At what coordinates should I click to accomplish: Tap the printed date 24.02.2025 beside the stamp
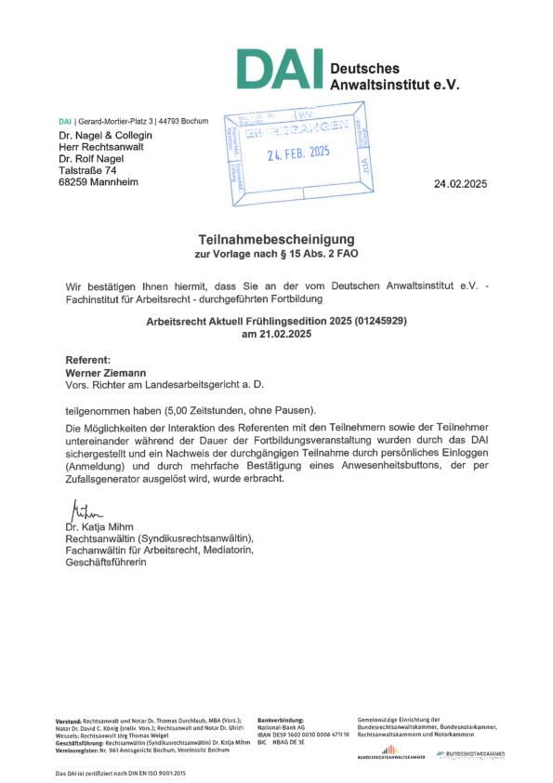tap(460, 183)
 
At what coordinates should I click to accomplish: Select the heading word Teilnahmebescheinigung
tap(276, 239)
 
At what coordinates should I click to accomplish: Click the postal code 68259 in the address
tap(74, 182)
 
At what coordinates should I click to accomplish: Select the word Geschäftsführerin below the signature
tap(106, 563)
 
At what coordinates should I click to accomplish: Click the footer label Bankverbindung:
tap(280, 720)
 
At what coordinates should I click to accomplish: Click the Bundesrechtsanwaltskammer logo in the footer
tap(390, 752)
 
